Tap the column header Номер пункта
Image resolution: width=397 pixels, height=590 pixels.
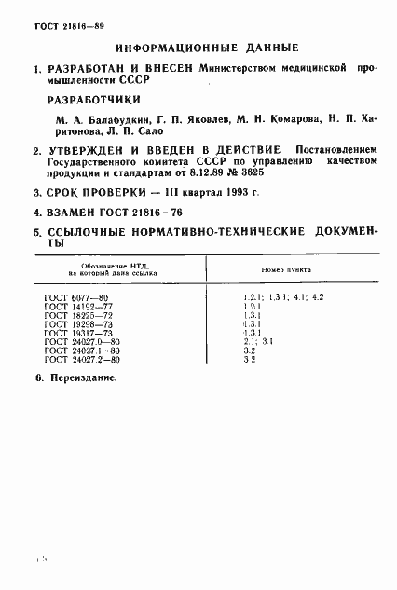[x=286, y=268]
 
